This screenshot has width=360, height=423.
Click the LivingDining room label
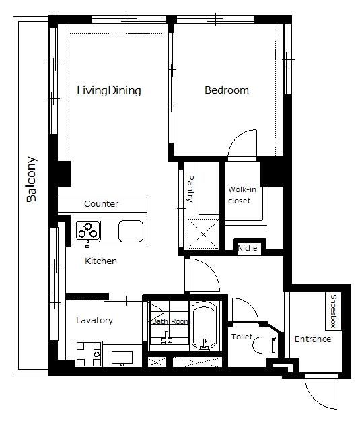tap(108, 90)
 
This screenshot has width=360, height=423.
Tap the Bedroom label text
tap(226, 90)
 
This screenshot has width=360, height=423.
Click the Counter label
tap(101, 203)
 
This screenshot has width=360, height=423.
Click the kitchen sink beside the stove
tap(131, 231)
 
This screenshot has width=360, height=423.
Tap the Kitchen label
tap(101, 261)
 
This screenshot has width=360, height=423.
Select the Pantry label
tap(190, 189)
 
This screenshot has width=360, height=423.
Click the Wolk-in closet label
tap(242, 195)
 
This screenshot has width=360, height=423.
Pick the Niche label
tap(247, 249)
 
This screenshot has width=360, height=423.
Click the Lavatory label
tap(94, 321)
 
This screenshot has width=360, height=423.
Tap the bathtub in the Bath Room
tap(203, 327)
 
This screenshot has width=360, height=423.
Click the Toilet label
tap(242, 335)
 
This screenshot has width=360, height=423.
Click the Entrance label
tap(313, 339)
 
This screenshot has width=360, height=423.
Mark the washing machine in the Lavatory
tap(88, 353)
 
